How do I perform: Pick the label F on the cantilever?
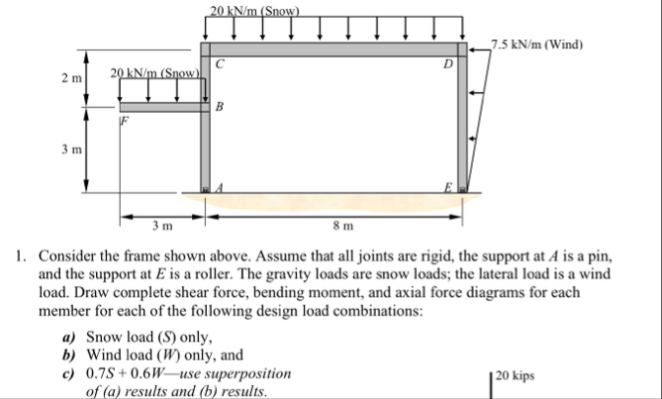coord(125,122)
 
